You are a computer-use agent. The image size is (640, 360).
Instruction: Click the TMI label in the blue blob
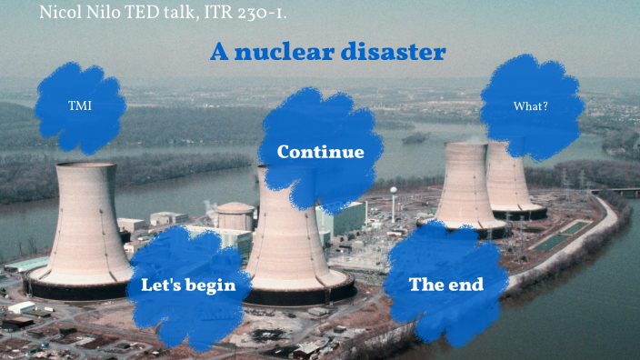(80, 106)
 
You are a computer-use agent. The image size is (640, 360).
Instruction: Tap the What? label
(530, 106)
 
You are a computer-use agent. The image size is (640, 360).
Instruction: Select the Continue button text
(320, 152)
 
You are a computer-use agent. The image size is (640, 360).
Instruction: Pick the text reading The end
(445, 285)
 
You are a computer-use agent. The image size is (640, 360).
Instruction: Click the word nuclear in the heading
(281, 52)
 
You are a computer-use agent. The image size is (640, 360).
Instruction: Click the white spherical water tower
(393, 193)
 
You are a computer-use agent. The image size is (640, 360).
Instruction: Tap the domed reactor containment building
(235, 215)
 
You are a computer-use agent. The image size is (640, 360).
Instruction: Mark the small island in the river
(415, 138)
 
